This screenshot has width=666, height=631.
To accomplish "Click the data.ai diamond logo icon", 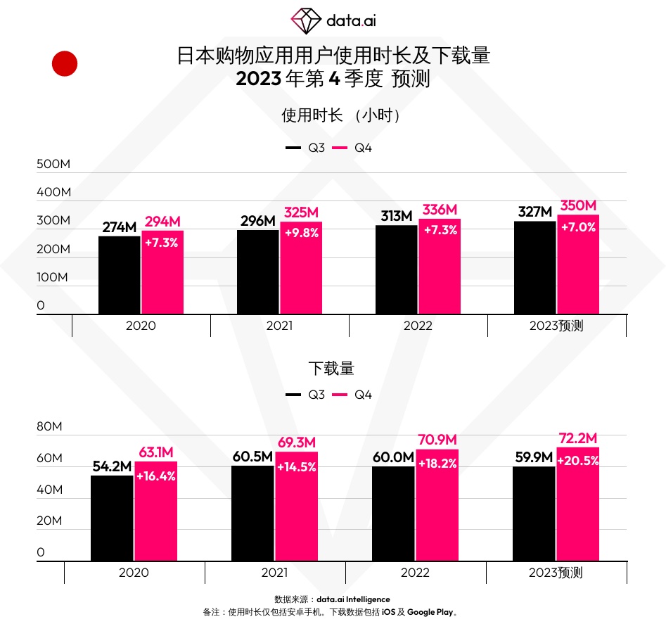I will click(306, 20).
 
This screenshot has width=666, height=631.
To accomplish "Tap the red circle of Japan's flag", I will click(65, 64).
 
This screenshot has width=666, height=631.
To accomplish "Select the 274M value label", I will click(119, 227).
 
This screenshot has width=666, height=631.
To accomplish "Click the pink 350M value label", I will click(578, 205).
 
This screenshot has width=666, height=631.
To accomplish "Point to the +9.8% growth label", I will click(301, 233).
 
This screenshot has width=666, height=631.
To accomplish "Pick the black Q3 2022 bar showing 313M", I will click(396, 270).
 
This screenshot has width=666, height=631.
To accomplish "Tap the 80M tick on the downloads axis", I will click(50, 427).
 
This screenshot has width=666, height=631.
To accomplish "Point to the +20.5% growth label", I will click(577, 461).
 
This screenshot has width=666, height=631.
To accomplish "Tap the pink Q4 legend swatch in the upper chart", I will click(340, 148).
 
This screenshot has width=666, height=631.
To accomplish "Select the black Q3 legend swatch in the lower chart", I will click(293, 395).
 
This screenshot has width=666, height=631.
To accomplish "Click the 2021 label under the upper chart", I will click(280, 326).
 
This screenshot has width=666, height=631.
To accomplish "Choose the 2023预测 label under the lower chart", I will click(556, 573).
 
